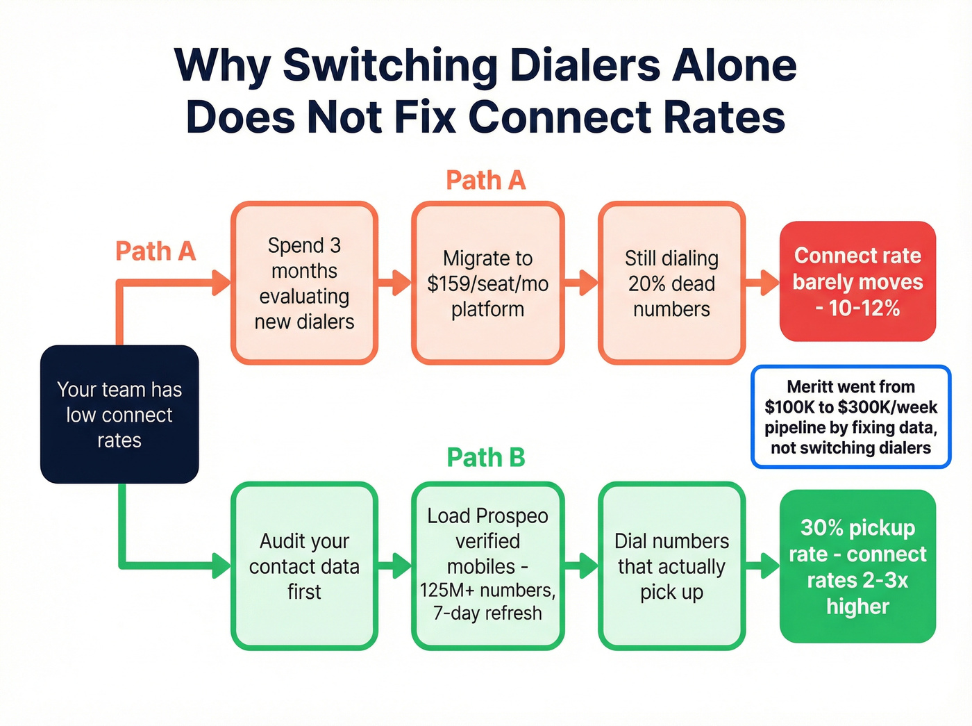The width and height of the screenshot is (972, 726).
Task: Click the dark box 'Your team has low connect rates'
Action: (x=119, y=414)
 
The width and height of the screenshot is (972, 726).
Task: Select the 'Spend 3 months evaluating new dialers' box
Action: (x=304, y=283)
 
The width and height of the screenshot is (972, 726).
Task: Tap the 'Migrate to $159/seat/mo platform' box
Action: (x=487, y=283)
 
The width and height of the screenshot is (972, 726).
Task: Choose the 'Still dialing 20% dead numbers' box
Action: (x=671, y=283)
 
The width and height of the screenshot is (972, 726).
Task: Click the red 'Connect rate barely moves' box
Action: (x=857, y=281)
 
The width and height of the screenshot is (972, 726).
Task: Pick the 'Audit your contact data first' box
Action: (x=304, y=566)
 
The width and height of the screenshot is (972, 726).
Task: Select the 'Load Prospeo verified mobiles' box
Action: (x=487, y=566)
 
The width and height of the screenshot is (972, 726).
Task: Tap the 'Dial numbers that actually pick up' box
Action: (x=671, y=566)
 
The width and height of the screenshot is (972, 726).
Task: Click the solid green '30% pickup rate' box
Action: (x=857, y=566)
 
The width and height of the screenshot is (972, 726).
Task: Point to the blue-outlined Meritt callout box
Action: (x=850, y=417)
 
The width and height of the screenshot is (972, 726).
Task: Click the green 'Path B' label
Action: (x=486, y=457)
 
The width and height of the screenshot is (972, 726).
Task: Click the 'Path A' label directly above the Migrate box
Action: (x=486, y=180)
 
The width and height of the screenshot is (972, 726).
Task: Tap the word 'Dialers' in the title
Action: (x=585, y=65)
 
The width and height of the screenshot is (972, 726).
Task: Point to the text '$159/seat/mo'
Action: (x=487, y=283)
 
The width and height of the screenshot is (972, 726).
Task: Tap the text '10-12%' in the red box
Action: (x=864, y=308)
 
